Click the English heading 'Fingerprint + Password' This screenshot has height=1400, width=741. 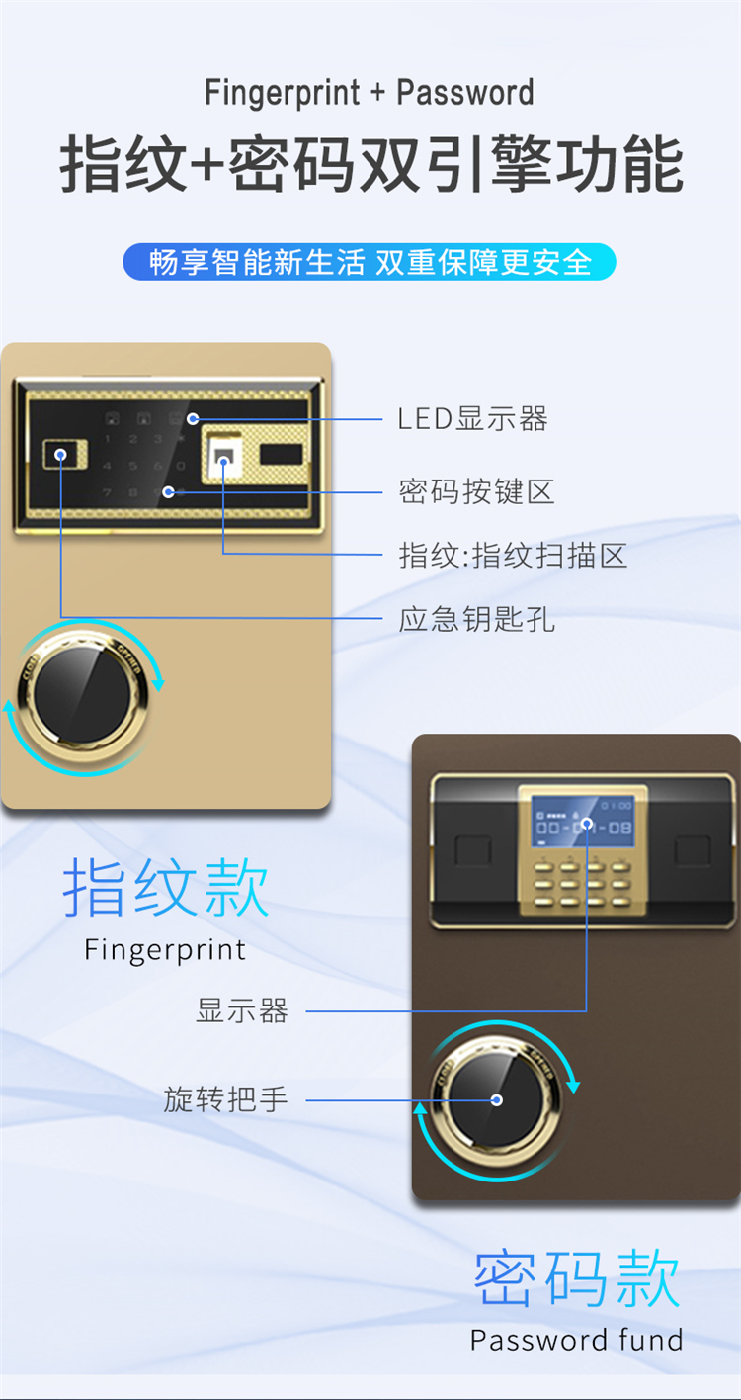coord(370,93)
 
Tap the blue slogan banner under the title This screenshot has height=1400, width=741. coord(370,261)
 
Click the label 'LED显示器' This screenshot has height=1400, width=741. coord(473,419)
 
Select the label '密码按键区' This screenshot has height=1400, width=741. coord(477,491)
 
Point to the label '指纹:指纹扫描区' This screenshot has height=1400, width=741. coord(513,555)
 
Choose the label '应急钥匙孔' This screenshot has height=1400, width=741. coord(477,619)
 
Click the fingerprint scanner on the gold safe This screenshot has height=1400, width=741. coord(224,458)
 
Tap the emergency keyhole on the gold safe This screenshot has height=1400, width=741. coord(64,454)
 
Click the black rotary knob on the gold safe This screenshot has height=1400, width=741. coord(82,694)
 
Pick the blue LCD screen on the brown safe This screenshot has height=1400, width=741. coord(583,821)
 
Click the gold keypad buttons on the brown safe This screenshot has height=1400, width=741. coord(582,884)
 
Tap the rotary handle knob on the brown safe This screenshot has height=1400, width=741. coord(496,1100)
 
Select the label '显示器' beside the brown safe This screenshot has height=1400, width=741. coord(242,1010)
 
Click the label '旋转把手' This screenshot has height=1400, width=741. coord(226,1099)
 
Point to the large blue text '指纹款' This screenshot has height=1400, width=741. coord(166,887)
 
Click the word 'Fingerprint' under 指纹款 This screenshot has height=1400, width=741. coord(165,950)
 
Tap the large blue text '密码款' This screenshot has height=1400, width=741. coord(577,1277)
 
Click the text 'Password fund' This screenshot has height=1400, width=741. coord(577,1340)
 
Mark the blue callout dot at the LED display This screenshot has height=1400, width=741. coord(193,419)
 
